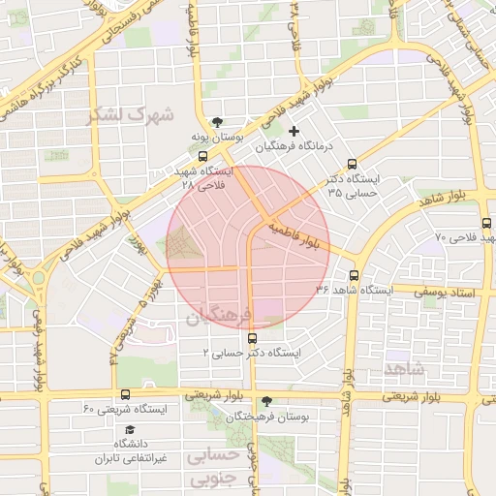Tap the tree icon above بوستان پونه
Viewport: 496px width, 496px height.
tap(219, 122)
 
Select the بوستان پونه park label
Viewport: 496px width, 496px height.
tap(213, 139)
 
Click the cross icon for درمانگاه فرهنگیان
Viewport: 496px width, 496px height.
tap(294, 130)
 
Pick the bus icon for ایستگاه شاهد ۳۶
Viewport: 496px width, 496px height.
tap(354, 275)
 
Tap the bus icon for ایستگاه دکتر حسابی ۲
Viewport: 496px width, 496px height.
tap(253, 338)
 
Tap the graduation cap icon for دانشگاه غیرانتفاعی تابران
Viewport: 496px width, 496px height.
tap(130, 430)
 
